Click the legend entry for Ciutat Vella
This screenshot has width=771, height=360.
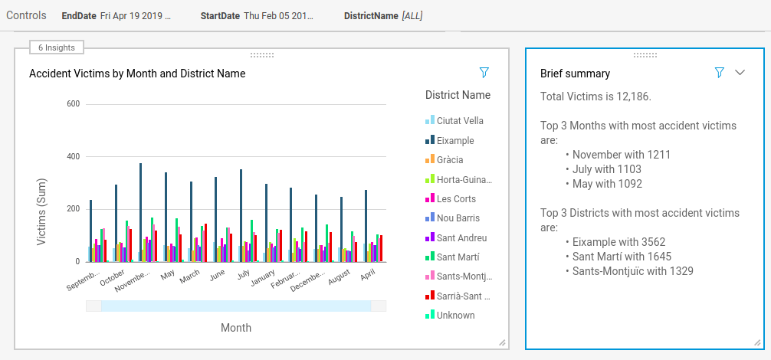[x=454, y=121]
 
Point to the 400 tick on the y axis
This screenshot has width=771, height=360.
[x=73, y=156]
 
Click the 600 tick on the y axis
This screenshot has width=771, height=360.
[x=73, y=104]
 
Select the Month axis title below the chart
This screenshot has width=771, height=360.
[x=236, y=328]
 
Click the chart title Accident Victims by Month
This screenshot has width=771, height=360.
[x=137, y=74]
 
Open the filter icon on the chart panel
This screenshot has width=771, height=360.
[x=484, y=73]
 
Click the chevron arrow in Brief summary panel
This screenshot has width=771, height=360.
[x=740, y=73]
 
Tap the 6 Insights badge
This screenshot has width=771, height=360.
[x=57, y=47]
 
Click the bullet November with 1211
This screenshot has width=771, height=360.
[x=621, y=155]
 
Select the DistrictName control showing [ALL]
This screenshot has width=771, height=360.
[x=382, y=16]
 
